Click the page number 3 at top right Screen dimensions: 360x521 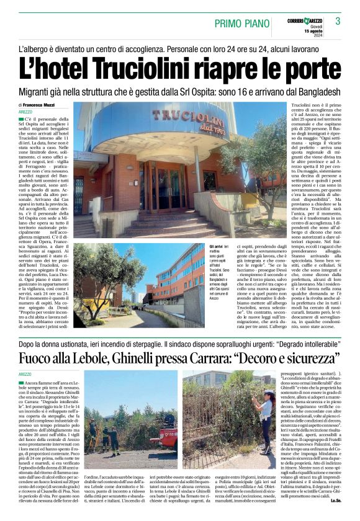click(338, 21)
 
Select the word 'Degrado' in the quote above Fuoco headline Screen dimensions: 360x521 click(269, 342)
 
